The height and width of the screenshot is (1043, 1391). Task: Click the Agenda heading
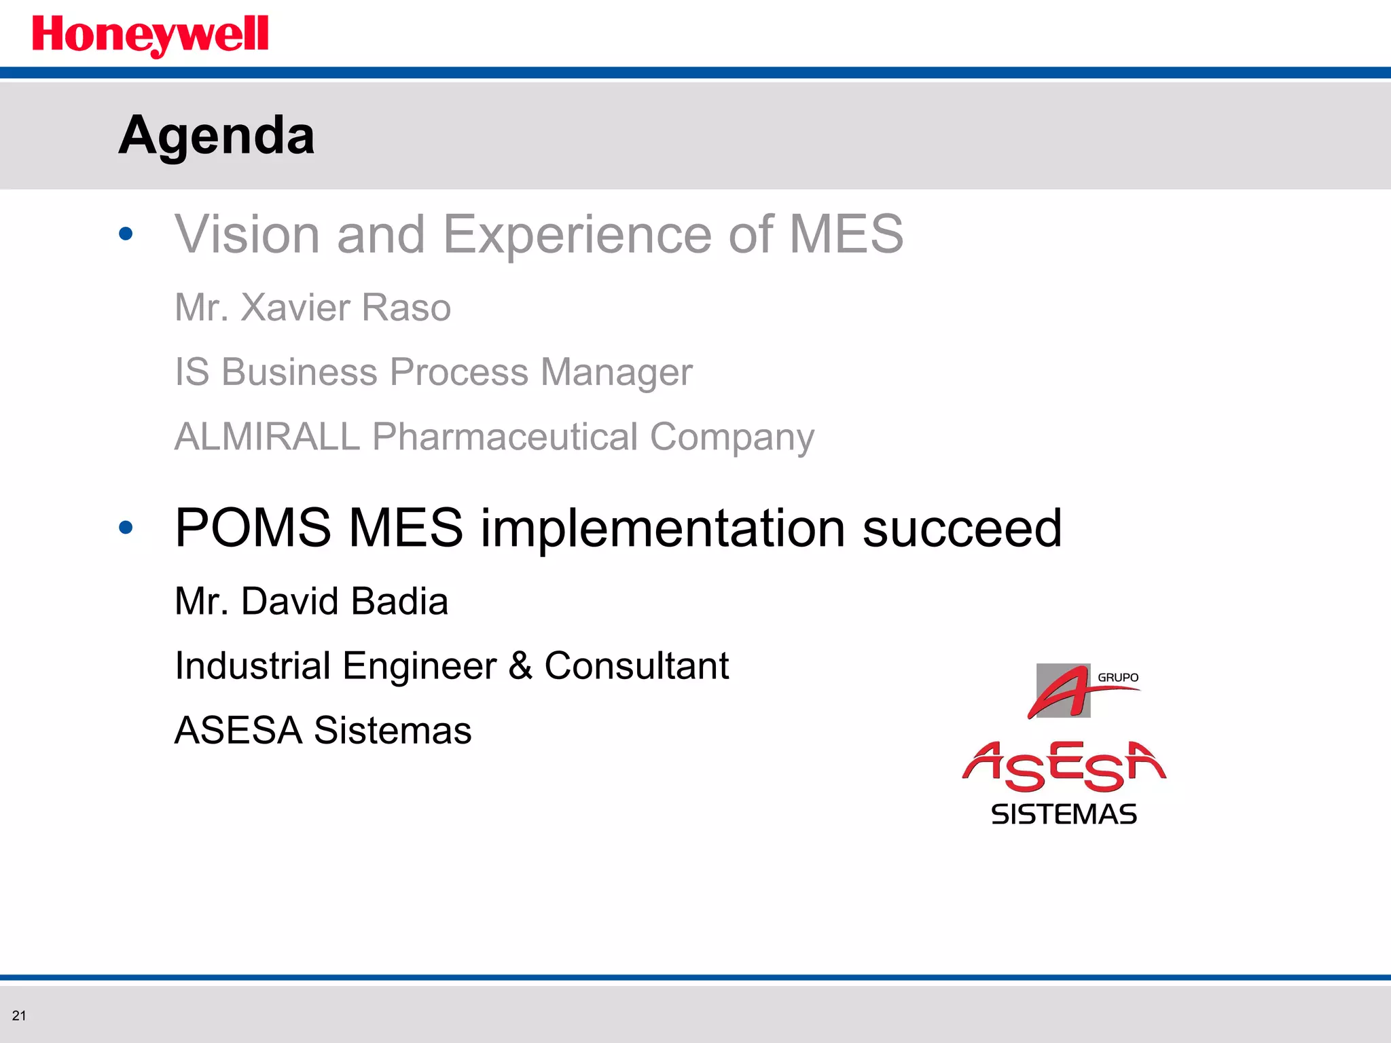click(x=217, y=135)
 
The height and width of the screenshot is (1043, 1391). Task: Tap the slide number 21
click(x=19, y=1016)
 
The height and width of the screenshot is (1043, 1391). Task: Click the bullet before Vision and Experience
click(x=126, y=234)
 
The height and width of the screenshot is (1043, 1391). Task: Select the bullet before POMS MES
click(x=126, y=528)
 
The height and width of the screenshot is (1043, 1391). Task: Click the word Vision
click(x=247, y=234)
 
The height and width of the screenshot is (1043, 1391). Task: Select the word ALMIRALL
click(x=267, y=436)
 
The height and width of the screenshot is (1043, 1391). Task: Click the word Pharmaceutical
click(x=505, y=436)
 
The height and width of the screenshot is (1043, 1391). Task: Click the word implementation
click(x=663, y=529)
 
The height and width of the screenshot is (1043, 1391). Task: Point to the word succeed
click(x=962, y=528)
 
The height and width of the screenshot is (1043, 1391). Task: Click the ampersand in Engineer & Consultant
click(x=520, y=665)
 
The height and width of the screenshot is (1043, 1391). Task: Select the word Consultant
click(x=636, y=665)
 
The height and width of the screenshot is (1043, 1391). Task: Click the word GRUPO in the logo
click(x=1118, y=678)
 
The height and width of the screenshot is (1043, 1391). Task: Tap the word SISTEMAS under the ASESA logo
click(x=1064, y=814)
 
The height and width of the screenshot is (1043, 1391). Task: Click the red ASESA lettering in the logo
click(x=1064, y=767)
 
